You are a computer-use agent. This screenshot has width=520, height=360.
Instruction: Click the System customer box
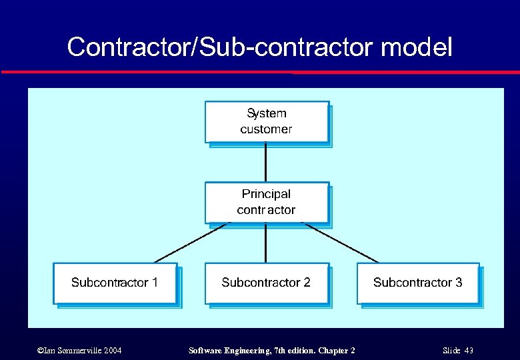click(x=267, y=122)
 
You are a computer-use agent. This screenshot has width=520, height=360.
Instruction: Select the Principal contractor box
click(x=267, y=203)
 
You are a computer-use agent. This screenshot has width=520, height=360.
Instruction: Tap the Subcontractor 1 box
click(x=115, y=283)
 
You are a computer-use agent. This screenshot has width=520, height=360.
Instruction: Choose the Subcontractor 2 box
click(x=267, y=283)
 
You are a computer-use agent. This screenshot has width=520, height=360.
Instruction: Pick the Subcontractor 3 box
click(x=418, y=283)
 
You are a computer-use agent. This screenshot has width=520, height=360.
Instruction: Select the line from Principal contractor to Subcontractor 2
click(x=266, y=243)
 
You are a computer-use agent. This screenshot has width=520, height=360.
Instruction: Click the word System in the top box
click(x=267, y=113)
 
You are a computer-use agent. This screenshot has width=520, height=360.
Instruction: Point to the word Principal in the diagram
click(x=266, y=194)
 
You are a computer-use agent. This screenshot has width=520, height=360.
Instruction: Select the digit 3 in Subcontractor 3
click(x=459, y=283)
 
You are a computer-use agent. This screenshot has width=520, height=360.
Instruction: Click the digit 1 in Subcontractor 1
click(x=155, y=283)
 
